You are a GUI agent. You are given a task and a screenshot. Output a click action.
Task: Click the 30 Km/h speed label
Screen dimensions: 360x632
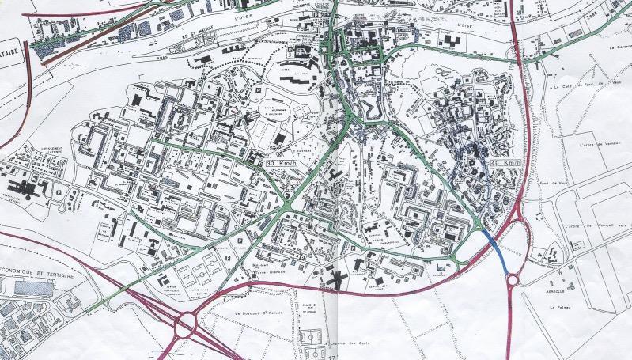click(282, 162)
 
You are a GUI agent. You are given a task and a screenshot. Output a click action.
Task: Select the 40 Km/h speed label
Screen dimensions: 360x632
click(505, 163)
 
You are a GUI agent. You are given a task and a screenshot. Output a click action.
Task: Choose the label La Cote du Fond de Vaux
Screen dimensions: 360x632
click(583, 85)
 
